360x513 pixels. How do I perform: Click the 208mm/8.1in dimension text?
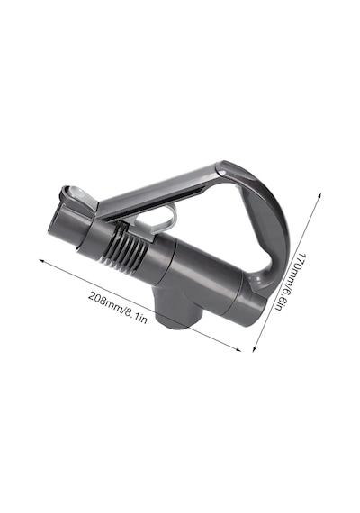click(x=118, y=307)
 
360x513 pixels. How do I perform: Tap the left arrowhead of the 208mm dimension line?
click(x=41, y=261)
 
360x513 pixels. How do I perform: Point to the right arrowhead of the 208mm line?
click(x=238, y=350)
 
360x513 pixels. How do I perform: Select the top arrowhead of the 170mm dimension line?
click(x=319, y=195)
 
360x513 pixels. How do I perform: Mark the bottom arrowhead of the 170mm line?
click(x=254, y=349)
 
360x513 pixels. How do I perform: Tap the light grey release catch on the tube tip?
click(x=76, y=195)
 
